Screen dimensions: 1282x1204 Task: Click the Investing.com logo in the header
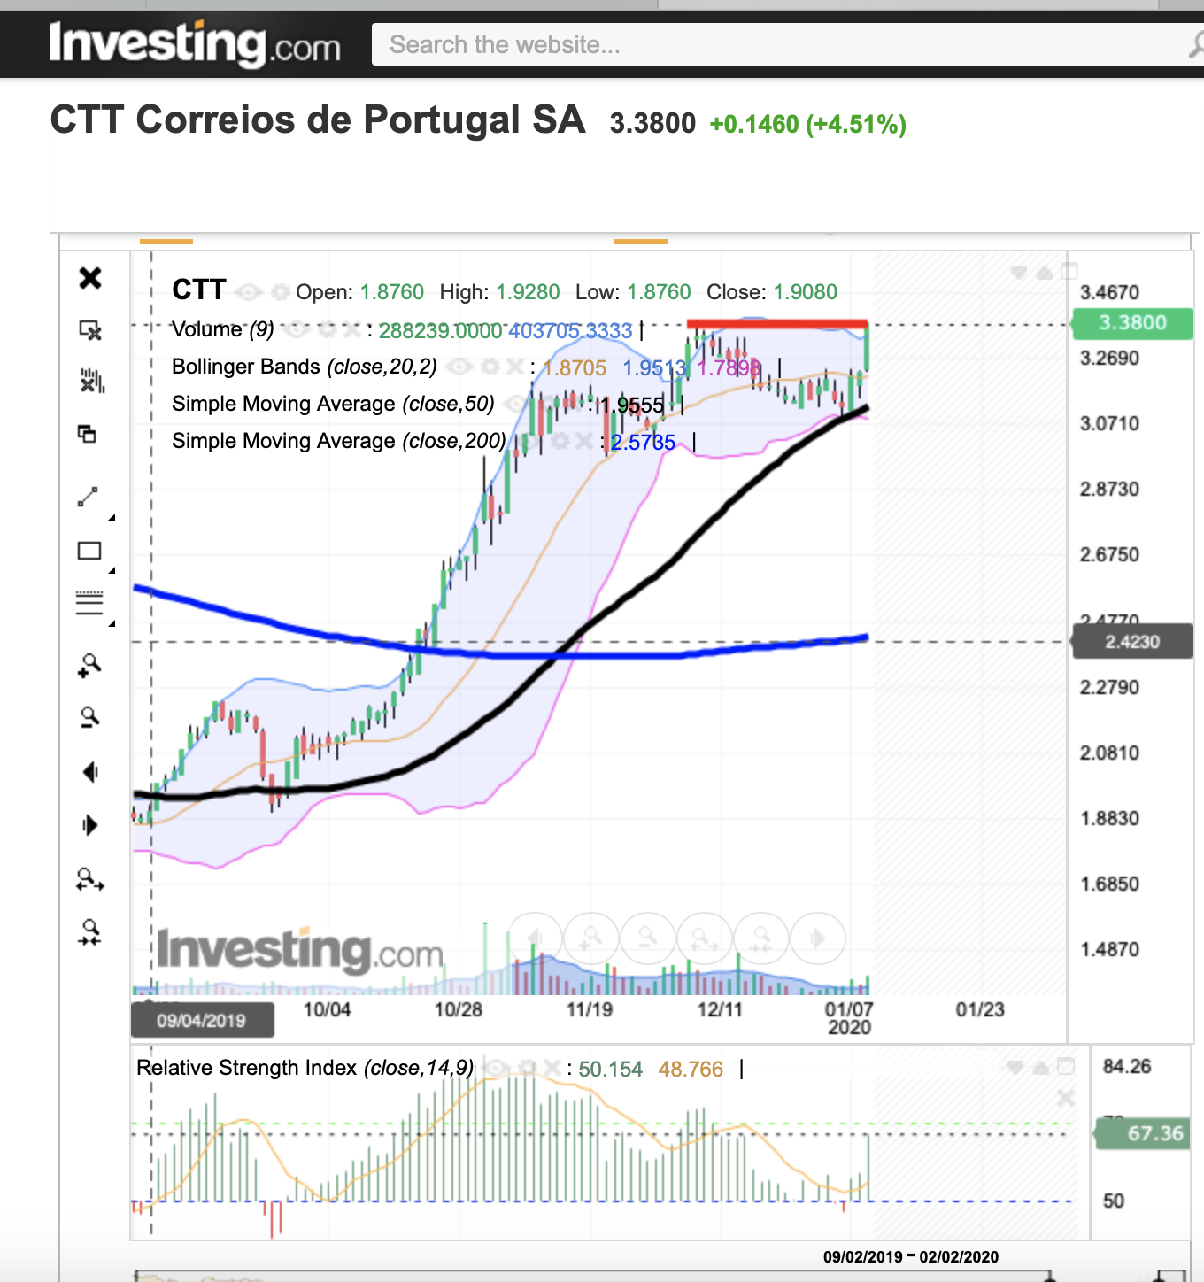point(195,43)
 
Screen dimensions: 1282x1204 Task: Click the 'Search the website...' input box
point(779,44)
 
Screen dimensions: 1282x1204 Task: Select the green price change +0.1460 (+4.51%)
point(807,124)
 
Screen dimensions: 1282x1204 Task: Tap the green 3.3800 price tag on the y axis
point(1132,323)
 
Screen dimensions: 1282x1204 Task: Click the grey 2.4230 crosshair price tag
point(1132,642)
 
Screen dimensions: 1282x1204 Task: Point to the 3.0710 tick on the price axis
point(1109,423)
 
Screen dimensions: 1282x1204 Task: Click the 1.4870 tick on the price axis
point(1109,949)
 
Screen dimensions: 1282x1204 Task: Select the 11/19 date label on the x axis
point(589,1009)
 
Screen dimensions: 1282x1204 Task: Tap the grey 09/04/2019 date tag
point(202,1020)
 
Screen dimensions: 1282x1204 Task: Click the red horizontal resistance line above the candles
point(776,323)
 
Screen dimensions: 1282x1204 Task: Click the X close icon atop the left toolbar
point(90,278)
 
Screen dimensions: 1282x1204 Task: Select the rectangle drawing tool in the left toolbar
point(89,551)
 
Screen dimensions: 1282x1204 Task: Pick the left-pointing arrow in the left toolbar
point(90,772)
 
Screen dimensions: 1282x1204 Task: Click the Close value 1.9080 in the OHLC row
point(805,292)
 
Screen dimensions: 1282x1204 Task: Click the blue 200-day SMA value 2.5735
point(643,443)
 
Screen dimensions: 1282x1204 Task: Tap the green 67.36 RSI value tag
point(1144,1133)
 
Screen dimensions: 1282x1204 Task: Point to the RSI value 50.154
point(610,1070)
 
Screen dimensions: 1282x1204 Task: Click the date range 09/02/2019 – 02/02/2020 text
point(910,1256)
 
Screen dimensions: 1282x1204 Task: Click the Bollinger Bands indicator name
point(246,367)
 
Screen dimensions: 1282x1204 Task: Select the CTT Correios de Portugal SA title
point(318,120)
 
